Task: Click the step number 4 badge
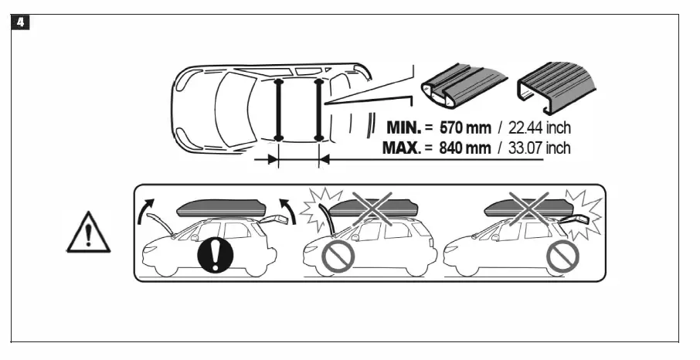[x=21, y=22]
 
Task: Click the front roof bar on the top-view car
[x=278, y=109]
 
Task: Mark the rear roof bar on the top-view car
[x=318, y=109]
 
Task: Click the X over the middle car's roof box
[x=374, y=208]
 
